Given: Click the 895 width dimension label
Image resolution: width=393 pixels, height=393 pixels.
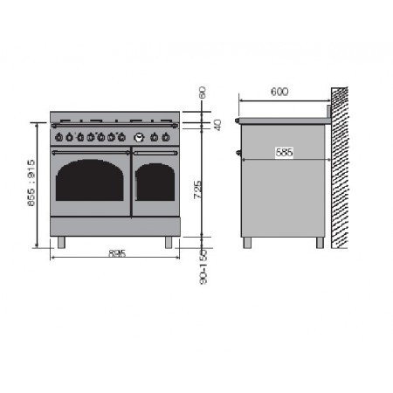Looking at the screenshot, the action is pos(117,253).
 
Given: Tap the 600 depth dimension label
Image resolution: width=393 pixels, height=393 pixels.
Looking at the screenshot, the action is pos(279,92).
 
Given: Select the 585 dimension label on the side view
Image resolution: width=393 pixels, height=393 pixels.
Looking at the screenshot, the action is pos(284,152).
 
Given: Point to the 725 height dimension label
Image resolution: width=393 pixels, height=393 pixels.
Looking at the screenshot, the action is pos(198,190).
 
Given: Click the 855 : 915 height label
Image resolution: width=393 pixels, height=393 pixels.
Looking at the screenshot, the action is pos(31,183).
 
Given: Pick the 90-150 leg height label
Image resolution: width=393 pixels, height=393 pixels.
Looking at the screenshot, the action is pos(203,267).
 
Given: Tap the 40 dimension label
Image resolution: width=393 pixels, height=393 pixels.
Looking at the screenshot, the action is pos(217,125).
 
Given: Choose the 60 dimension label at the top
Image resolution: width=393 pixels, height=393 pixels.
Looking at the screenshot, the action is pos(203,93).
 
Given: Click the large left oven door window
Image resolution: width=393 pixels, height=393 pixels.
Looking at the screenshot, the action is pos(90,180).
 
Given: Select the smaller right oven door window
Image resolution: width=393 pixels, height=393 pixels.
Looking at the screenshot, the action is pos(155,183).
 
